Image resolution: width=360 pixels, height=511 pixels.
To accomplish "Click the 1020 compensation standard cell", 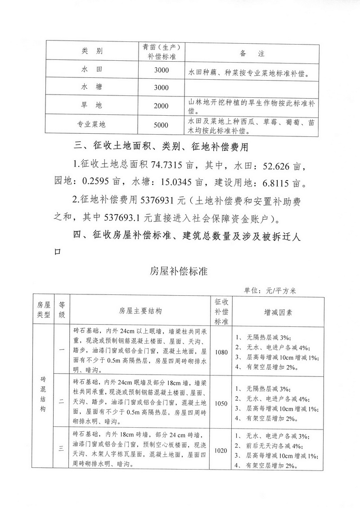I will coord(221,450).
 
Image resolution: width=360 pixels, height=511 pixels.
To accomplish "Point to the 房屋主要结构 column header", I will coord(140,311).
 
